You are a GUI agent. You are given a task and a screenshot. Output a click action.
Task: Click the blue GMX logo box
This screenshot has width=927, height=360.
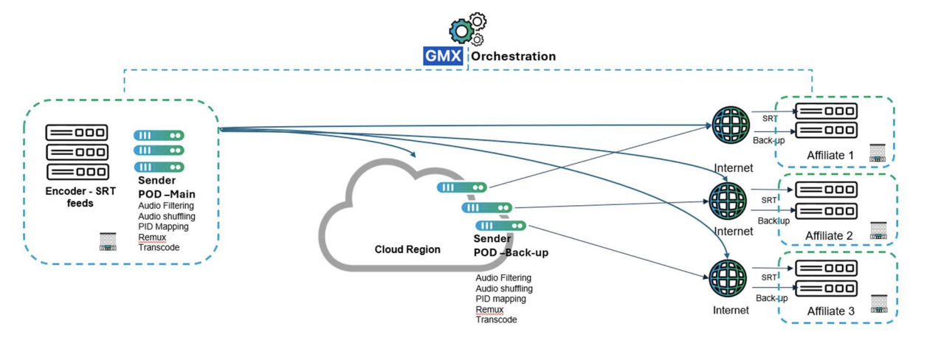tap(443, 56)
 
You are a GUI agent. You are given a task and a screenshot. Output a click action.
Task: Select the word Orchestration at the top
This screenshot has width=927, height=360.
tap(513, 56)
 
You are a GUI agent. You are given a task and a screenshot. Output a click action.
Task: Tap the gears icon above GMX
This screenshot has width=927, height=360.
tap(468, 29)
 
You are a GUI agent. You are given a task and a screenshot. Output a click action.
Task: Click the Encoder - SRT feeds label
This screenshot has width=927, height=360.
tap(80, 197)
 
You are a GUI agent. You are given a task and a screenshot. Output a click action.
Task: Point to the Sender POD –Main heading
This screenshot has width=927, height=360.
tap(166, 187)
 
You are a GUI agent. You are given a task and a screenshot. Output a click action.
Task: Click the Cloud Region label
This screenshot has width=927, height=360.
tap(407, 249)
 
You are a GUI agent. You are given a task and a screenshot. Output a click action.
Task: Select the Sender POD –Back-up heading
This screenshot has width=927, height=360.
tap(511, 246)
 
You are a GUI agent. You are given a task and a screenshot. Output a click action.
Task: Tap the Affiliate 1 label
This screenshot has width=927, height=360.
tap(830, 155)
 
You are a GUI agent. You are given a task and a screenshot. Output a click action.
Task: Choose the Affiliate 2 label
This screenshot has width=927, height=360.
tap(829, 235)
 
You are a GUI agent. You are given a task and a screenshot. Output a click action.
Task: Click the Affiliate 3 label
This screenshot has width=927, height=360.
tap(830, 311)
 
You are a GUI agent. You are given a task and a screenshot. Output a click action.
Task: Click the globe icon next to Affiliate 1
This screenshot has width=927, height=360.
tap(731, 125)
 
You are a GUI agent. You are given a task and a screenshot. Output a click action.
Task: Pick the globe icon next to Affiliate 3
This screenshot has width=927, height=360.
tap(728, 278)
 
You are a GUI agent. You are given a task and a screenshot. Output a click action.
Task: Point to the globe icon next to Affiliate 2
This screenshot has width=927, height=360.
tap(728, 201)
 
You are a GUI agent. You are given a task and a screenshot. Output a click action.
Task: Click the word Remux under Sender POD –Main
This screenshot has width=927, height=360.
tap(152, 237)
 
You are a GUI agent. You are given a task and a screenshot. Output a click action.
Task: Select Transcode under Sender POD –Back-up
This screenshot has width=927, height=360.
tap(496, 319)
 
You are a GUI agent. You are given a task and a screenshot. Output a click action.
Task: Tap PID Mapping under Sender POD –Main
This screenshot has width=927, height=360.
tap(163, 226)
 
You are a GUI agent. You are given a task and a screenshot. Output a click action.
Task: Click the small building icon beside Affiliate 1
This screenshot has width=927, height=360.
tap(878, 153)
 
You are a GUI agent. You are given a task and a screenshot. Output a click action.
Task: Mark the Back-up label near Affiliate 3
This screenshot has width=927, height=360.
tap(772, 298)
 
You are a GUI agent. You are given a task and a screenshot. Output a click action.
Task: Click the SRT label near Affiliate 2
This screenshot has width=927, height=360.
tap(769, 200)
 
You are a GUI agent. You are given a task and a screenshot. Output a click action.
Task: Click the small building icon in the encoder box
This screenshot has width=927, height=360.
tap(108, 242)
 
